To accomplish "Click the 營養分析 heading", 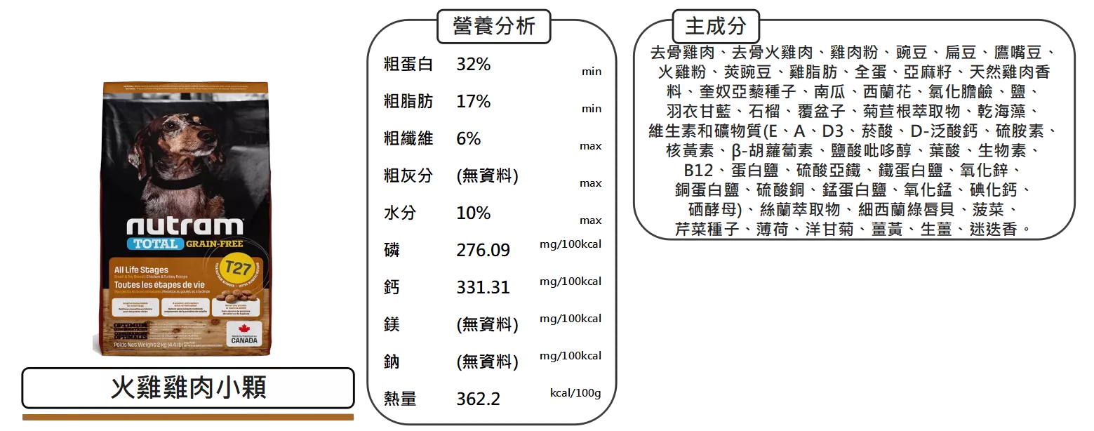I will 494,27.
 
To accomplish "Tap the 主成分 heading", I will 715,27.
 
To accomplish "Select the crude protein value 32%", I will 474,65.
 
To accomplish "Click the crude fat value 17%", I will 474,102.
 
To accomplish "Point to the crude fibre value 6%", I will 469,138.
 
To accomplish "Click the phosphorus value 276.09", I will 483,250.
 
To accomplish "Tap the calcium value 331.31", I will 483,287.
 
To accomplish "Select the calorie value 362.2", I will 478,399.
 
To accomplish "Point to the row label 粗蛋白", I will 408,65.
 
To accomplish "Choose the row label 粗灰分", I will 408,175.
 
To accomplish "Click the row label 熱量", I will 400,399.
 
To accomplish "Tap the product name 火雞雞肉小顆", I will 188,387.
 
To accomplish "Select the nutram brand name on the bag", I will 185,226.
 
